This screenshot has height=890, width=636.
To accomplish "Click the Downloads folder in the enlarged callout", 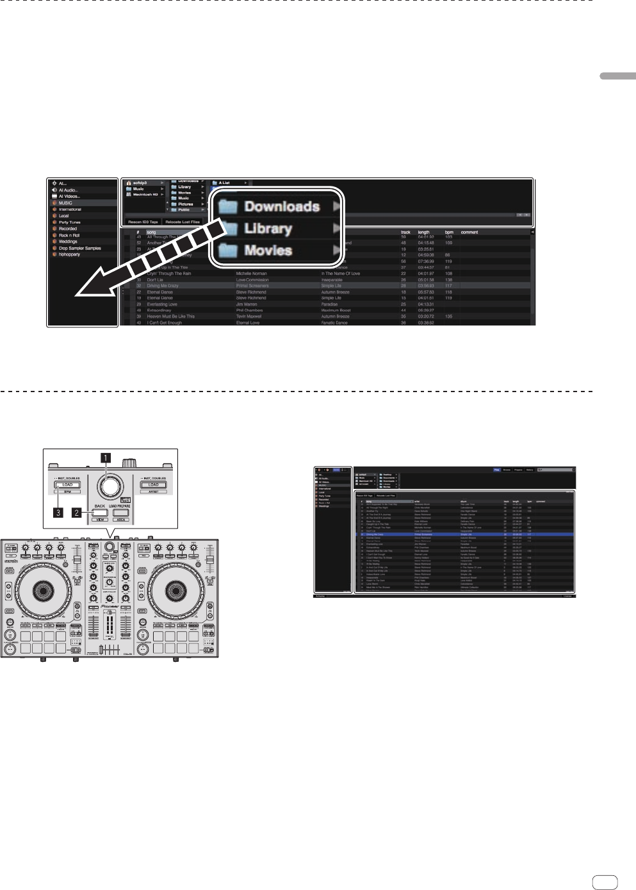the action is (275, 206).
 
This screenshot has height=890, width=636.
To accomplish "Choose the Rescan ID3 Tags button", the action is (143, 222).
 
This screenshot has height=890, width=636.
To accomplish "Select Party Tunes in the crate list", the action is (70, 222).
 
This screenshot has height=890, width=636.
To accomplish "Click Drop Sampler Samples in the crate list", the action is (80, 248).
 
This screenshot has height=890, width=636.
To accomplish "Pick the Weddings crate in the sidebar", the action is (68, 242).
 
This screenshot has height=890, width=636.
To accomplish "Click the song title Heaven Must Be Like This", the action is (170, 317).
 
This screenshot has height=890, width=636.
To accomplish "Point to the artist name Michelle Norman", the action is (252, 274).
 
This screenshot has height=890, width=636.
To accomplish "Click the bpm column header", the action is (449, 233).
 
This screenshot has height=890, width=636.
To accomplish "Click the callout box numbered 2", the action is (77, 513).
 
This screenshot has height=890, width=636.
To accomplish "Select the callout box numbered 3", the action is (59, 513).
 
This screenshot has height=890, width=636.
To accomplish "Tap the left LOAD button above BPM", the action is (67, 485).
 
